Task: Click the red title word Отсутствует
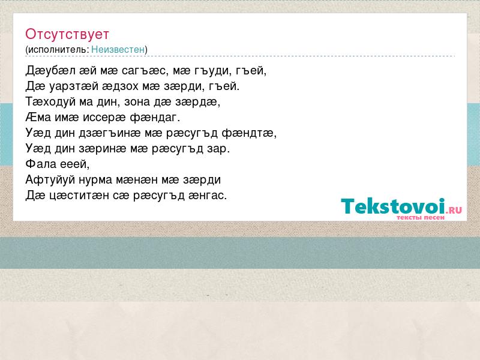[x=67, y=34]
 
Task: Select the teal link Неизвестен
[x=118, y=49]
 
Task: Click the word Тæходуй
[x=50, y=101]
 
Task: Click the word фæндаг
[x=155, y=117]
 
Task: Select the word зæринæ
[x=103, y=148]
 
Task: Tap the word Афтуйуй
[x=50, y=179]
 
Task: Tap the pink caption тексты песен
[x=421, y=217]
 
